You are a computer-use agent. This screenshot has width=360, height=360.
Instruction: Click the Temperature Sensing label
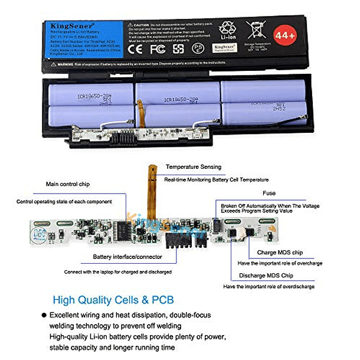pos(193,167)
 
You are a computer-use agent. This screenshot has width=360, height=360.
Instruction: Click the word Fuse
pos(269,193)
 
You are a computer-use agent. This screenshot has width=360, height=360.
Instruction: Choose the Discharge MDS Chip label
pos(266,276)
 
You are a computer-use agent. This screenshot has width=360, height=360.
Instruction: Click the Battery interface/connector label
pos(127,257)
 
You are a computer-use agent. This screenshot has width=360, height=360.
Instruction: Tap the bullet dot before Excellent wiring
pos(43,315)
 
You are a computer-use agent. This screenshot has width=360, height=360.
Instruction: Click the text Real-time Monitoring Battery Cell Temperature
pos(216,179)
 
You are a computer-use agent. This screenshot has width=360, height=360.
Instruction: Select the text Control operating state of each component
pos(64,202)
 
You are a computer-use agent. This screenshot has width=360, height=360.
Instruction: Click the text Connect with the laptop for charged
pos(118,272)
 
